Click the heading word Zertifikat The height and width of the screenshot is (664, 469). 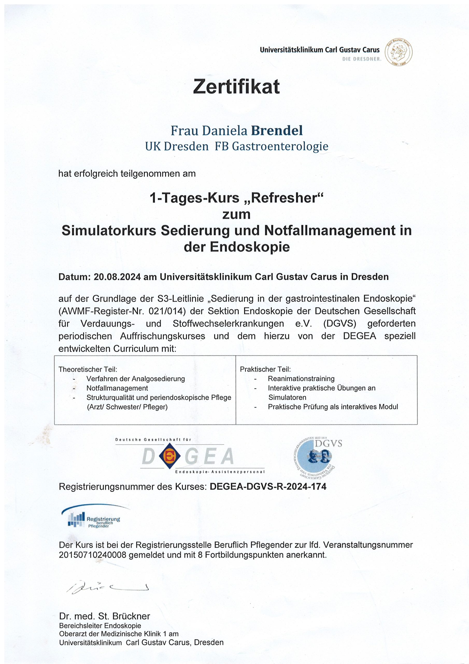point(236,86)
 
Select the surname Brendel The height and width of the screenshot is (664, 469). point(276,130)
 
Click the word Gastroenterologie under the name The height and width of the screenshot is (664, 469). point(280,146)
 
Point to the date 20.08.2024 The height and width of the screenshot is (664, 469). point(117,277)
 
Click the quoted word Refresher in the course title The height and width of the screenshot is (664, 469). point(286,198)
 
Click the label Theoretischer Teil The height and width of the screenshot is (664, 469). point(88,369)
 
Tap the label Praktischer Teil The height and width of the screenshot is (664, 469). point(265,369)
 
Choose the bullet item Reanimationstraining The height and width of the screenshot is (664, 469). point(301,379)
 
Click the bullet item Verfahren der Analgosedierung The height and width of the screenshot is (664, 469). point(136,379)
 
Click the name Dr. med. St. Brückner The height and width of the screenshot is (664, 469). point(105,616)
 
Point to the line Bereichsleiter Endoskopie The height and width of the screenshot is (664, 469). point(100,626)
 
